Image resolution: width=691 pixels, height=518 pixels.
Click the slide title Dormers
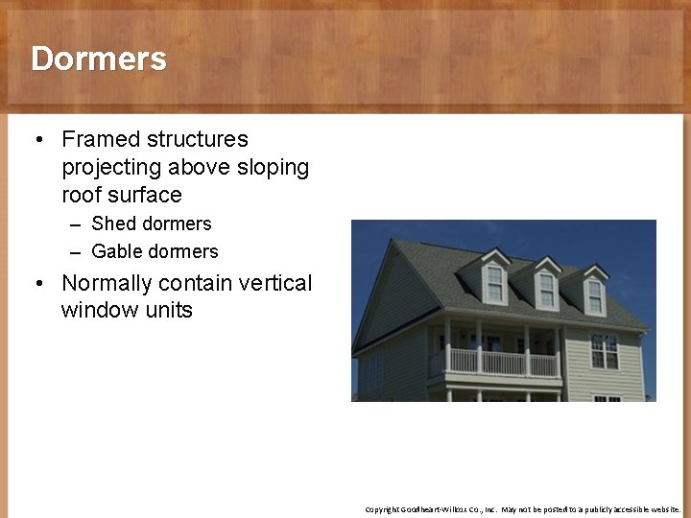click(99, 59)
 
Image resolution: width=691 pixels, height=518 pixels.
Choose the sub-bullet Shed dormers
click(151, 224)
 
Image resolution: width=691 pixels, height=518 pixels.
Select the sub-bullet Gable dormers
click(155, 251)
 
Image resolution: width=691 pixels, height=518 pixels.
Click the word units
click(167, 310)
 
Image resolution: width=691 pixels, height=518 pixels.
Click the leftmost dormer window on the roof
click(495, 282)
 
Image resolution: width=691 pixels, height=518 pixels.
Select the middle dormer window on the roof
click(546, 289)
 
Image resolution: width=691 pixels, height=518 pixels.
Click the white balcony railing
click(503, 363)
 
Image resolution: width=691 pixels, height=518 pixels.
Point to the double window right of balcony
click(604, 351)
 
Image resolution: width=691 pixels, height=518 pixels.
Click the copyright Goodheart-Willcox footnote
click(523, 509)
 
